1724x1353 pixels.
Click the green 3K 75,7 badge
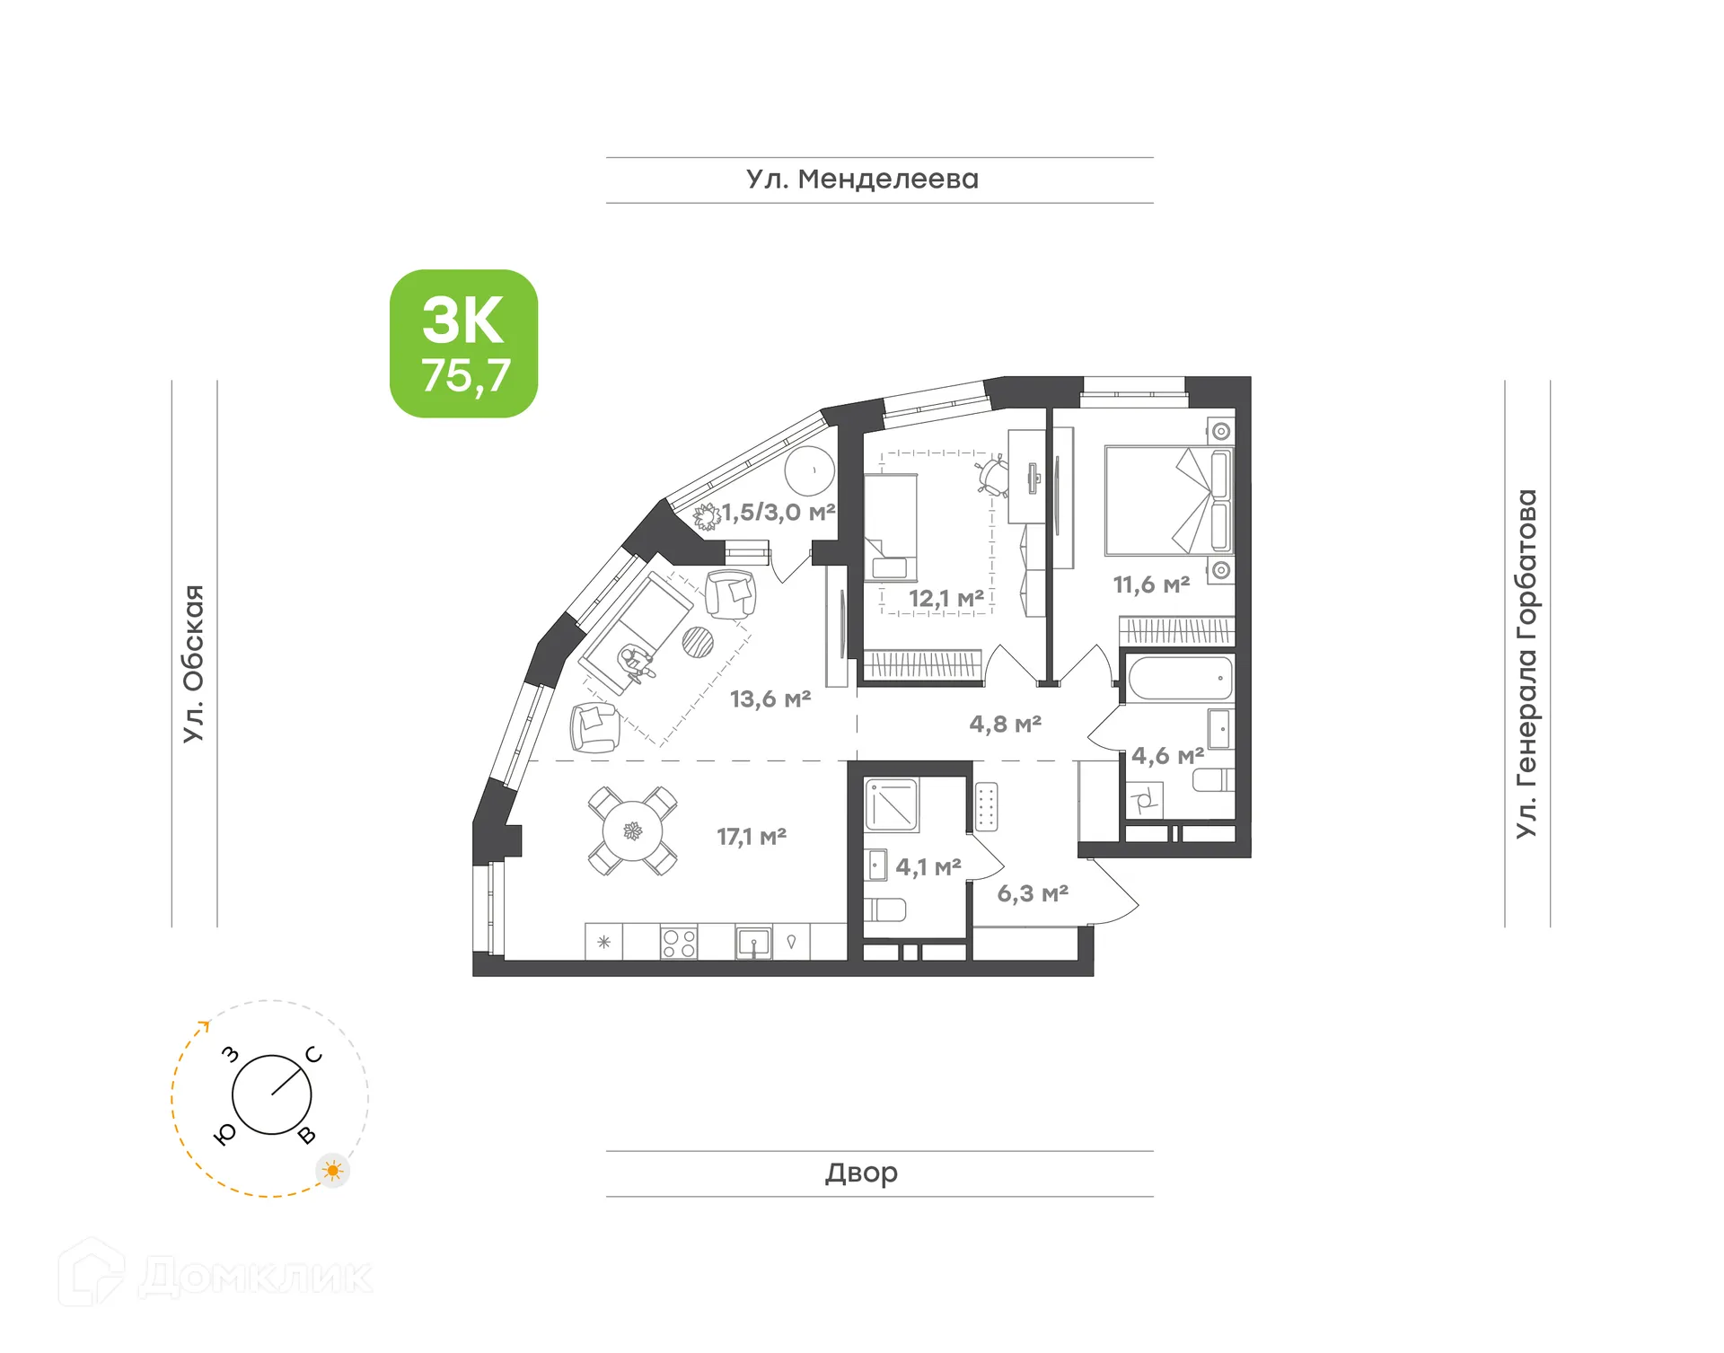[463, 343]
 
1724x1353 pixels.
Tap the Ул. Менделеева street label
[862, 180]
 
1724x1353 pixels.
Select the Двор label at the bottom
[861, 1173]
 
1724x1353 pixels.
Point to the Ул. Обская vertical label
[194, 663]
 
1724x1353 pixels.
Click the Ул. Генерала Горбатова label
[1526, 663]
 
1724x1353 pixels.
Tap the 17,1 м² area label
[752, 837]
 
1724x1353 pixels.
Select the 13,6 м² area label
[770, 698]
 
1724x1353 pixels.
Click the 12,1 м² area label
[946, 598]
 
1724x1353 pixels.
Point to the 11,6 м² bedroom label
[1151, 584]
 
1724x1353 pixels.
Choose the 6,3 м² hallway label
[1033, 893]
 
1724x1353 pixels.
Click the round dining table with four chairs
[633, 831]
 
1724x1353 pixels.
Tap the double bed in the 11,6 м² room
[1167, 500]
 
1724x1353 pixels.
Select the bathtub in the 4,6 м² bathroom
[1180, 678]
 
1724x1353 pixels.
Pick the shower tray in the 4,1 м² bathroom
[892, 804]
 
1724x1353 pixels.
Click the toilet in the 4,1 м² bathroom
[886, 909]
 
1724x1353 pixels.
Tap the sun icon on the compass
[333, 1171]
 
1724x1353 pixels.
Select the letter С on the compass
[313, 1054]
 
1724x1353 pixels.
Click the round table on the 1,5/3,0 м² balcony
[810, 470]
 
